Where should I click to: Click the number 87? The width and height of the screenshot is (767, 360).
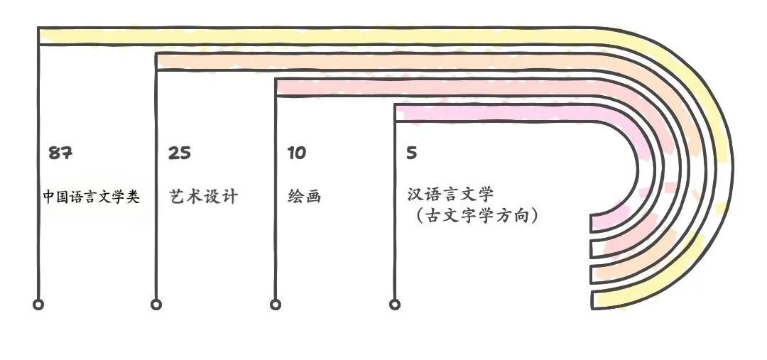pos(60,153)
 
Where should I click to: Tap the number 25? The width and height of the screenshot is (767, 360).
pos(180,153)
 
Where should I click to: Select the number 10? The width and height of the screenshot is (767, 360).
pos(297,153)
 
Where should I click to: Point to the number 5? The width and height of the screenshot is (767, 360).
pos(412,153)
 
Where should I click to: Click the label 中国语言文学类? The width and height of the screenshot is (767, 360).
pos(91,197)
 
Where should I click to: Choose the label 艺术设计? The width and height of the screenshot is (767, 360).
pos(204,197)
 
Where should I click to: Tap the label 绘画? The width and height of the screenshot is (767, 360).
pos(305,197)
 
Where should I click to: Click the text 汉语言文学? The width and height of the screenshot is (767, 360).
pos(450,195)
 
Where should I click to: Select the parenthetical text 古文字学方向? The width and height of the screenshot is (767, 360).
pos(477,214)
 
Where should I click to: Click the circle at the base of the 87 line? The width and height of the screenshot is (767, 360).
pos(38,305)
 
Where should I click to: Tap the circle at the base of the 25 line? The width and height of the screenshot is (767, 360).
pos(156,305)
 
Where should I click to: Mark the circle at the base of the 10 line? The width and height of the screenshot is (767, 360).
pos(276,305)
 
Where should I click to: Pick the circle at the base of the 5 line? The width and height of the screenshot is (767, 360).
pos(395,305)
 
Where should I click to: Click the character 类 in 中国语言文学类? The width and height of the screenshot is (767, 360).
pos(132,197)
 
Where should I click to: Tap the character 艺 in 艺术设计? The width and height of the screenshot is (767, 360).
pos(178,197)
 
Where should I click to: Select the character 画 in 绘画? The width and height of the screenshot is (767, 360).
pos(313,197)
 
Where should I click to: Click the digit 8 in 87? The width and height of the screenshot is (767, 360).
pos(55,153)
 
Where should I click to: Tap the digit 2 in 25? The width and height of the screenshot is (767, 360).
pos(174,153)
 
